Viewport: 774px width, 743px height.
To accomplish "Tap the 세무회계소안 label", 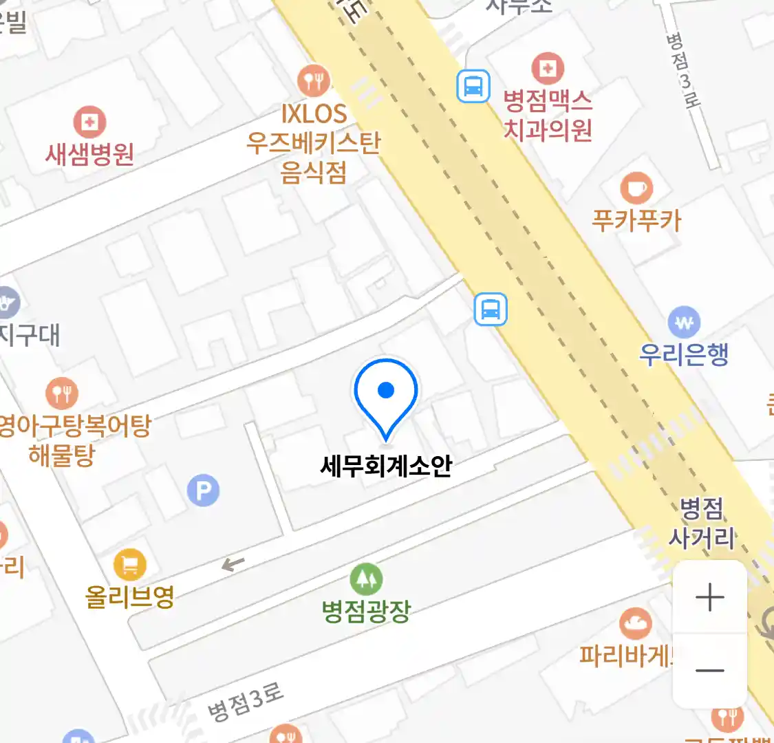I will (x=386, y=466).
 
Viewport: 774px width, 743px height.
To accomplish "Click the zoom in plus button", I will (x=709, y=597).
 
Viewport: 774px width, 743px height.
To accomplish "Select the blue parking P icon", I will (x=203, y=491).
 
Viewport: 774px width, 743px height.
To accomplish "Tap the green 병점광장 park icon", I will (x=366, y=579).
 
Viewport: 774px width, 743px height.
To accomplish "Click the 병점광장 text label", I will (x=366, y=611).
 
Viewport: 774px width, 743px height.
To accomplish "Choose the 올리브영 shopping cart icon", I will (x=129, y=565).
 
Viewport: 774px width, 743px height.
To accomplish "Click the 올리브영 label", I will (x=129, y=596).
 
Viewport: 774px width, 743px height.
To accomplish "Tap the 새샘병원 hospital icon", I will (x=89, y=123).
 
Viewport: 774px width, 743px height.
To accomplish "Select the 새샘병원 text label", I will (x=89, y=154).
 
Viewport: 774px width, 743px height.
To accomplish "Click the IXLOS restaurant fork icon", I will (x=314, y=81).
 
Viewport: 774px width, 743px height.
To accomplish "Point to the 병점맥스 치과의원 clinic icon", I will (x=548, y=68).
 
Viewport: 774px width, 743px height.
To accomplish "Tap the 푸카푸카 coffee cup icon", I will (x=636, y=188).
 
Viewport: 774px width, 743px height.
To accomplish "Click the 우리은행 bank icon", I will (x=684, y=322).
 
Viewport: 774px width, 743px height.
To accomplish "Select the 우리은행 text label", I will (x=684, y=354).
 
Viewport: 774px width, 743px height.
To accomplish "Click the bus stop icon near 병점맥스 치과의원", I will (x=473, y=87).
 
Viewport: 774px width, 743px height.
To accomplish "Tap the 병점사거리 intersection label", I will (x=702, y=524).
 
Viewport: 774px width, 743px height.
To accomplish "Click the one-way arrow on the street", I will (x=233, y=565).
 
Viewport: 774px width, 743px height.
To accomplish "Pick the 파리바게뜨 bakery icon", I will (x=636, y=624).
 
